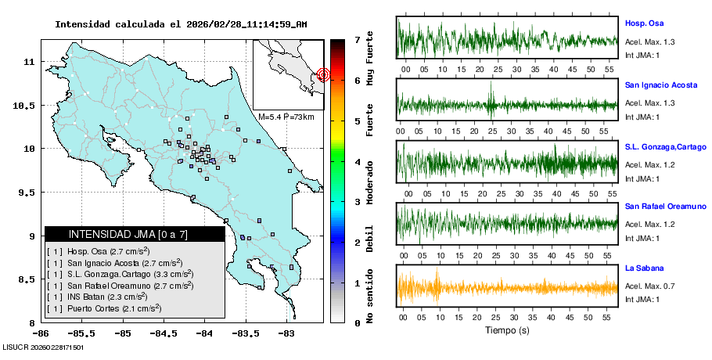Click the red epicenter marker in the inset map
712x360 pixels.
(324, 75)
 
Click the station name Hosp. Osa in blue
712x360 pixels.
(644, 23)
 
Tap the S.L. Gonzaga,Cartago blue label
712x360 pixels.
(665, 146)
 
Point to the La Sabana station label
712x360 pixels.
(642, 268)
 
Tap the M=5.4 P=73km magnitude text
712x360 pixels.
(286, 117)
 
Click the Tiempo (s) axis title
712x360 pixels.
(507, 330)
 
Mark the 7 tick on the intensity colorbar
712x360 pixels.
(357, 38)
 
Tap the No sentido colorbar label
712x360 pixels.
(370, 296)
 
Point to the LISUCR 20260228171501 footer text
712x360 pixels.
(43, 347)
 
